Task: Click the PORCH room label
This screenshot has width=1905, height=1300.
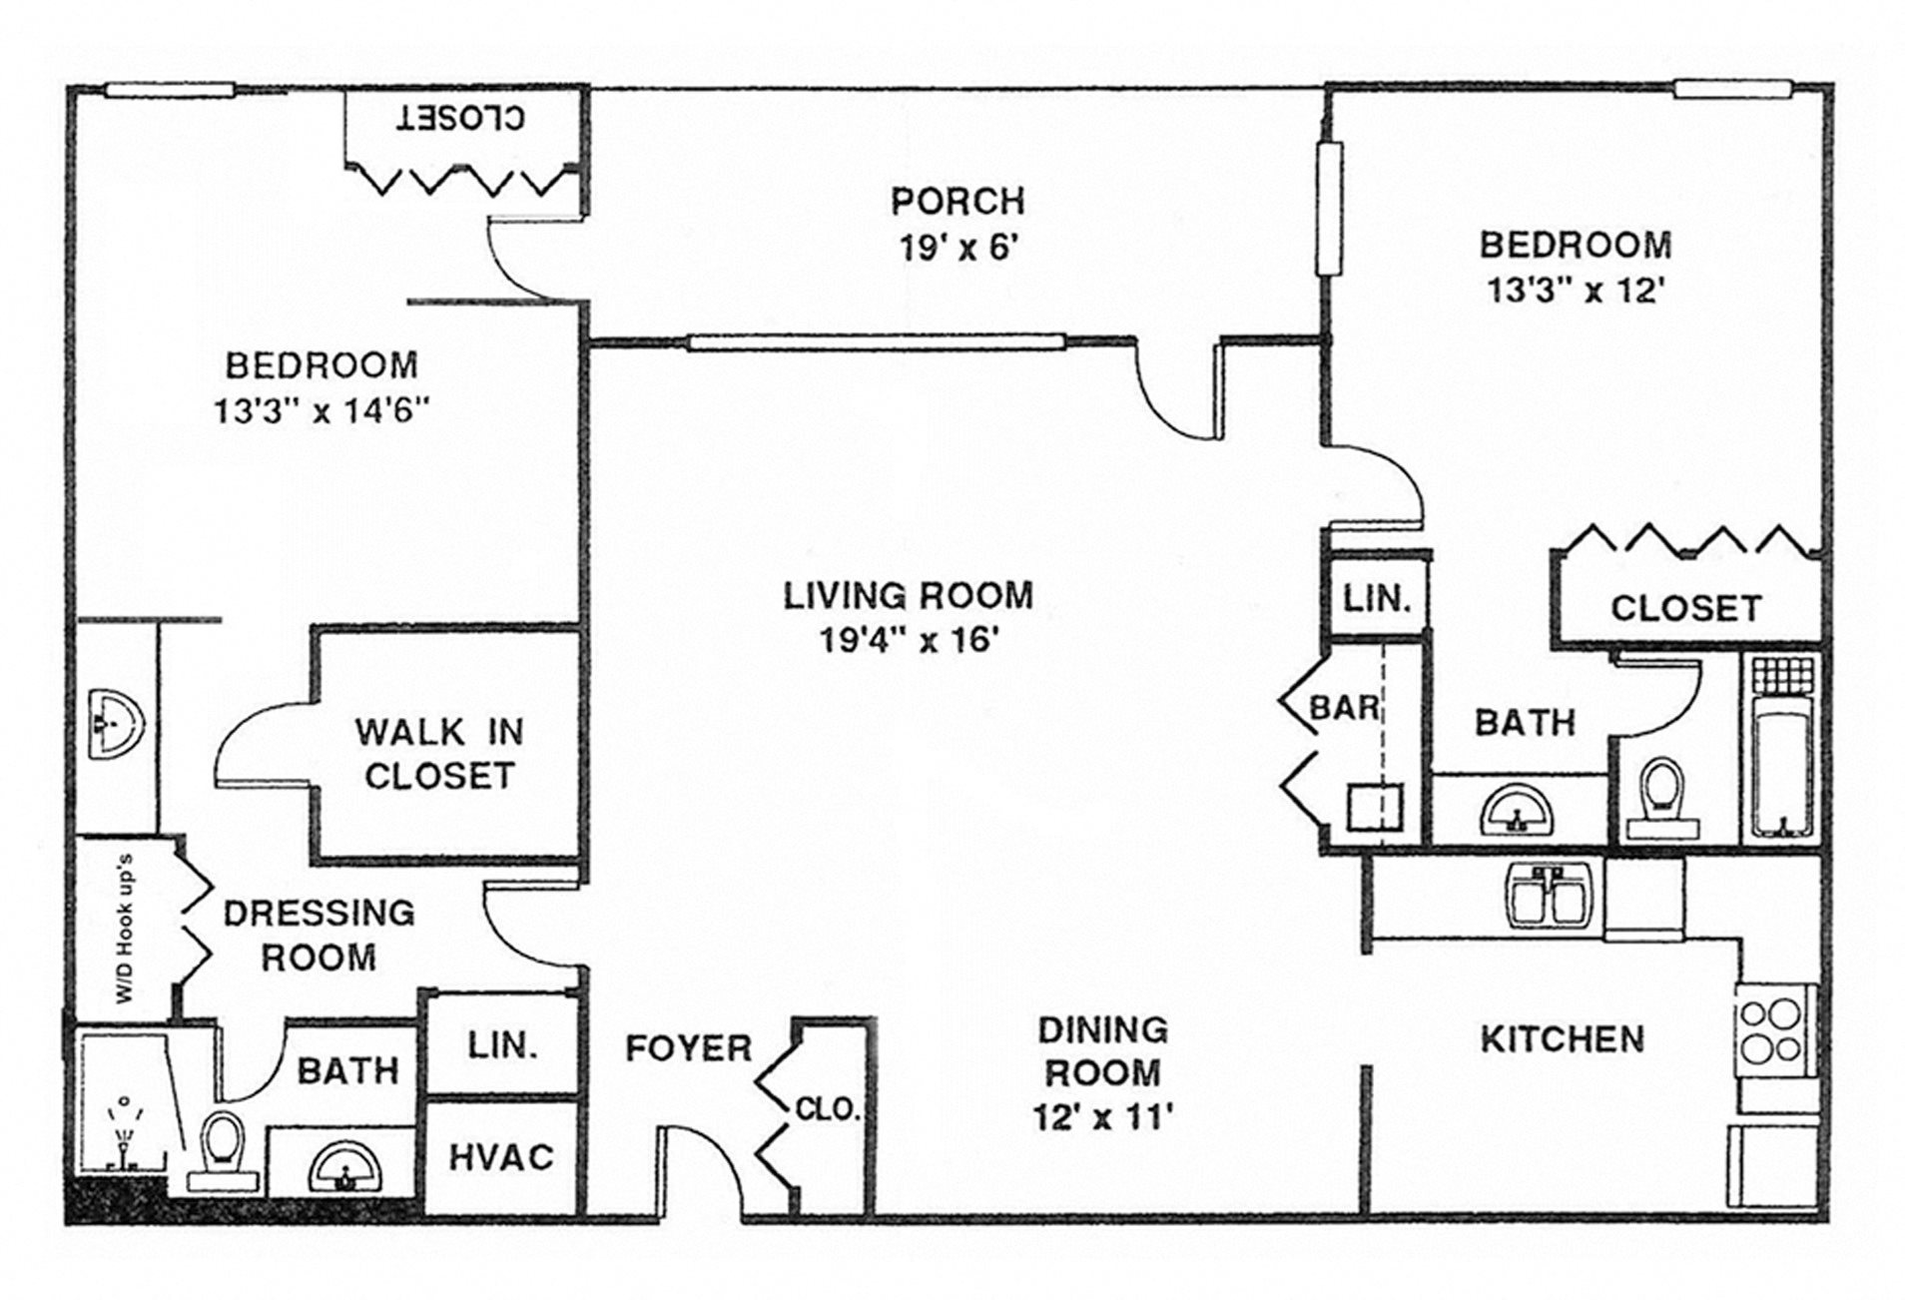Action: [956, 202]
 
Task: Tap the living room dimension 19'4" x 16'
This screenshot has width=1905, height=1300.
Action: [909, 640]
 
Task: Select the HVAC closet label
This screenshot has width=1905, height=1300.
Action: [500, 1157]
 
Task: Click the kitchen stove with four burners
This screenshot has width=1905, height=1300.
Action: [1770, 1031]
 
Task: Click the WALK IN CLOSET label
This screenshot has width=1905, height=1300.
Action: [438, 754]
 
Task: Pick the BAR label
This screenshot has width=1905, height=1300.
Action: [1344, 709]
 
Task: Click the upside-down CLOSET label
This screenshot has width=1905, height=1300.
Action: [460, 118]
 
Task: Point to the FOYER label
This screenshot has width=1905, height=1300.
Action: [688, 1048]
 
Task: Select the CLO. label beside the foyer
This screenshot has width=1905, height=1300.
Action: [828, 1109]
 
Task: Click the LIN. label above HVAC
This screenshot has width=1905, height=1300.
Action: [502, 1046]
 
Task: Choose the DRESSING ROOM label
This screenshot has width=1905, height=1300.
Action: [318, 935]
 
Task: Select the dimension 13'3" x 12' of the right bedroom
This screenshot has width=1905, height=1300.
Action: [1576, 291]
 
